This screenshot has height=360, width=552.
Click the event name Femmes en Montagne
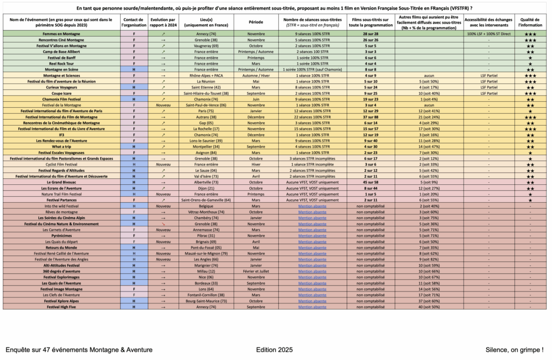(x=60, y=34)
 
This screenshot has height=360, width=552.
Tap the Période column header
(x=256, y=22)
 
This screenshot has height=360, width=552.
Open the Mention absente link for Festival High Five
(x=312, y=307)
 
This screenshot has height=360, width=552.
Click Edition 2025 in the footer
(x=274, y=349)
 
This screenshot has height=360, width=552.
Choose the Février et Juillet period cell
(x=256, y=271)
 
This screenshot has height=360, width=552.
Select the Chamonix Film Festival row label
(x=60, y=99)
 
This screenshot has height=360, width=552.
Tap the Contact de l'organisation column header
(x=133, y=22)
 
